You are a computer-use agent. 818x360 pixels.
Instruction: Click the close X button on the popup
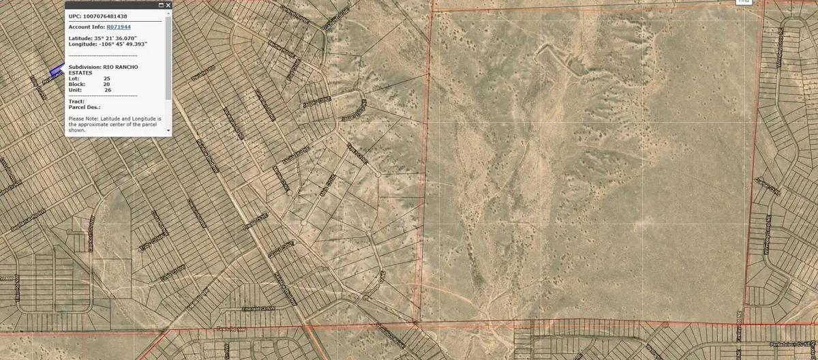tap(168, 5)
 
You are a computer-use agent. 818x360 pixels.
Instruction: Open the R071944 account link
tap(119, 27)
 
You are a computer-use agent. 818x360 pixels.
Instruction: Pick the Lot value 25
tap(107, 78)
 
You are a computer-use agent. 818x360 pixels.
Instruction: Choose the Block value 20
tap(106, 84)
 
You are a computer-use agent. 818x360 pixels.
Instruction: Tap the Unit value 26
tap(108, 89)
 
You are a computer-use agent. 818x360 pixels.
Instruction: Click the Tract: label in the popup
tap(76, 101)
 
